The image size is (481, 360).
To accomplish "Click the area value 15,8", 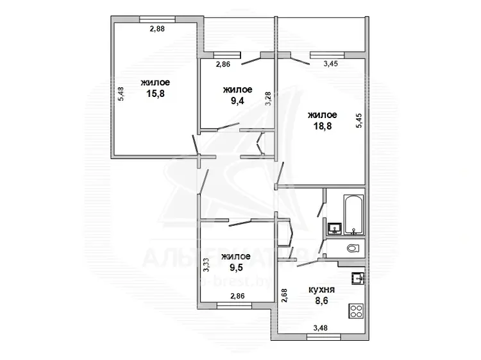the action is tap(156, 93).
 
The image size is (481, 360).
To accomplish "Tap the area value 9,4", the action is tap(237, 100).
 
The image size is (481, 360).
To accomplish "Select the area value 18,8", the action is tap(323, 126).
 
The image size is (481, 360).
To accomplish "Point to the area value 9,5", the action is tap(236, 267).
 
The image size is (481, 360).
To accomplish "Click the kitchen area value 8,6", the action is tap(321, 300).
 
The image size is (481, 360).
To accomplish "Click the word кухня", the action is tap(321, 289).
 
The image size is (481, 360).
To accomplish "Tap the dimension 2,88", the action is tap(157, 29).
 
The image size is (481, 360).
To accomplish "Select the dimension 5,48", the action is tap(121, 94).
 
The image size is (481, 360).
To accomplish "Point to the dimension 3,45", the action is tap(331, 64).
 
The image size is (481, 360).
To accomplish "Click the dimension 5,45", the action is tap(359, 121).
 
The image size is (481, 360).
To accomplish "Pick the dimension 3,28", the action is tap(268, 99).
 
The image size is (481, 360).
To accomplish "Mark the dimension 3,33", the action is tap(207, 264).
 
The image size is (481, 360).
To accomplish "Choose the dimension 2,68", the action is tap(283, 296).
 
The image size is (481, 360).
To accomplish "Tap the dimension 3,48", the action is tap(321, 328).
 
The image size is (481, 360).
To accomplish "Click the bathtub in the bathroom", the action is tap(353, 214).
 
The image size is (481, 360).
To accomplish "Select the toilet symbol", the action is tap(353, 248).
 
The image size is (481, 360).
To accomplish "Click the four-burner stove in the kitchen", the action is tap(356, 311).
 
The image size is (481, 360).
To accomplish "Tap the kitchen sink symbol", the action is tap(358, 279).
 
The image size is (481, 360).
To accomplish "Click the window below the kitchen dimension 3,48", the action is tap(324, 338).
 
